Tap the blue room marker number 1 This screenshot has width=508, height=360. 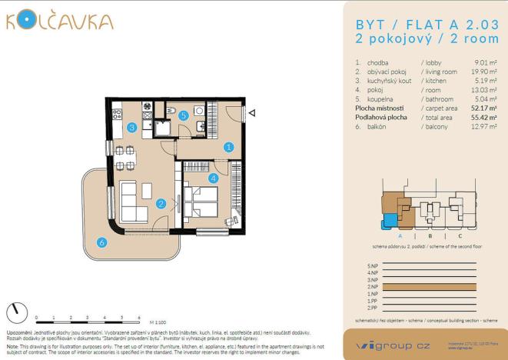pyautogui.click(x=228, y=146)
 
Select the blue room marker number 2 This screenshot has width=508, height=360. pyautogui.click(x=161, y=203)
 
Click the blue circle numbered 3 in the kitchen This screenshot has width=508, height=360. pyautogui.click(x=132, y=128)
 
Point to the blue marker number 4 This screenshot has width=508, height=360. pyautogui.click(x=213, y=178)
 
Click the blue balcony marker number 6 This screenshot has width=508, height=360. pyautogui.click(x=102, y=243)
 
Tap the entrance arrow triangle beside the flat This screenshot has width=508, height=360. pyautogui.click(x=252, y=113)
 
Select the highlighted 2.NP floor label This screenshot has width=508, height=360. pyautogui.click(x=374, y=286)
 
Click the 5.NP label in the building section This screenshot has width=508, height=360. pyautogui.click(x=374, y=265)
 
